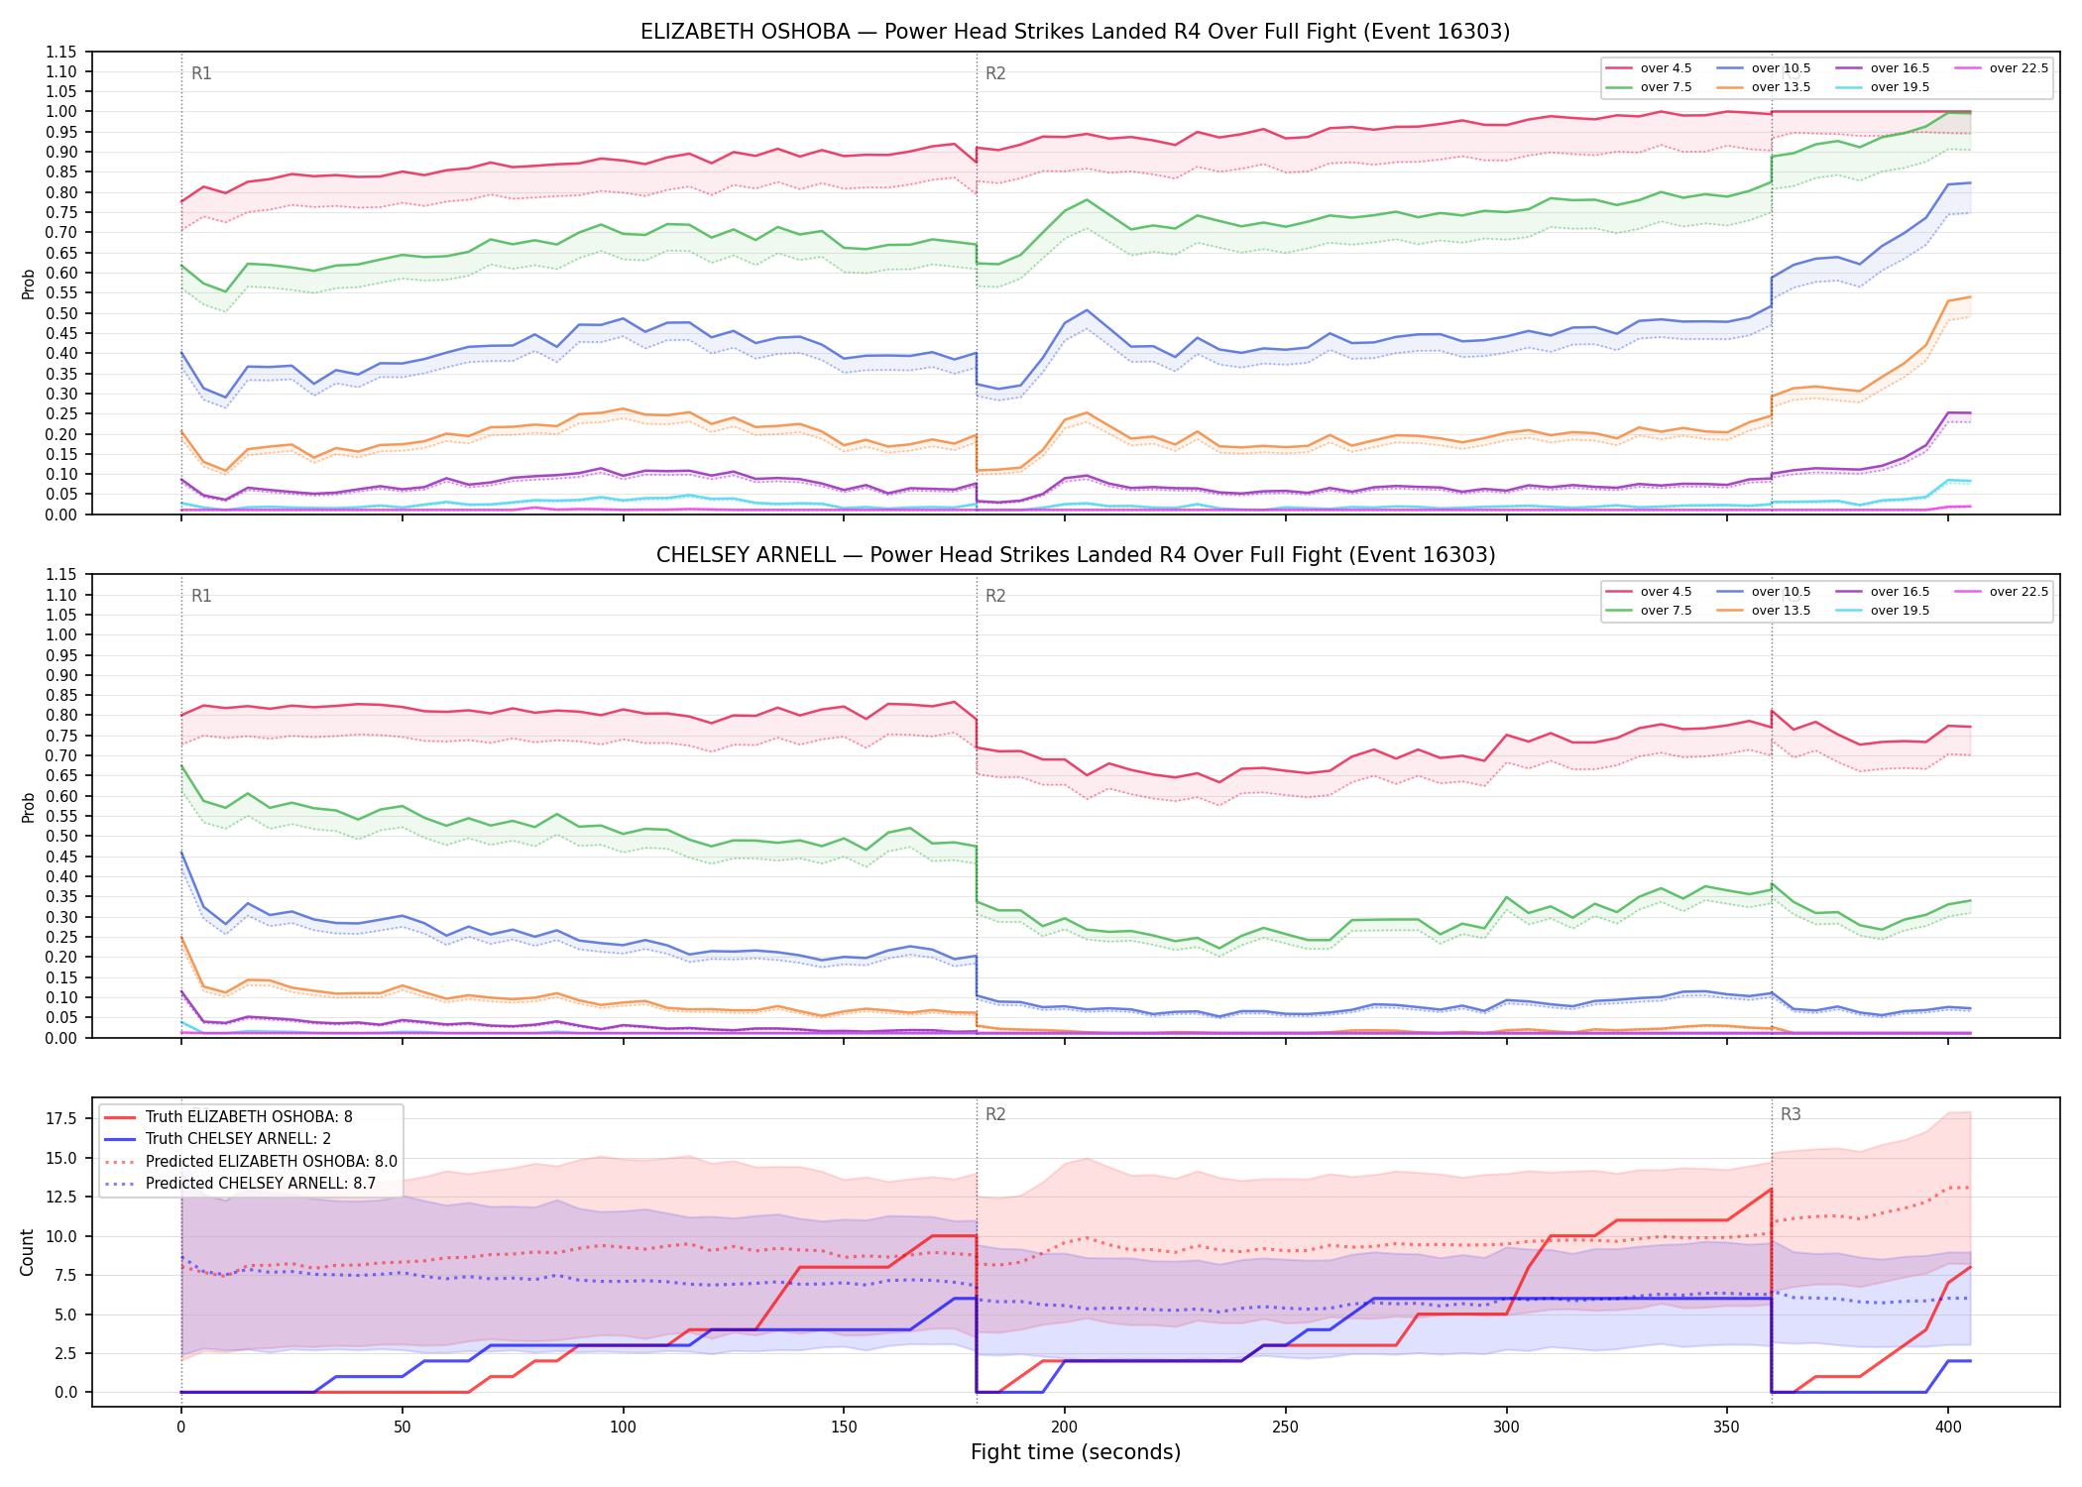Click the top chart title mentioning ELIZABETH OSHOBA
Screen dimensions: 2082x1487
(1075, 32)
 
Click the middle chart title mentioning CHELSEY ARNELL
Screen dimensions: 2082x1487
(1075, 555)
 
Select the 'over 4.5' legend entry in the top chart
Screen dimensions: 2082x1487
(1650, 68)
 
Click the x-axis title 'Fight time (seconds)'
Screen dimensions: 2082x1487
(1076, 1452)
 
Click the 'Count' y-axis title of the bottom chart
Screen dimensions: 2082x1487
(27, 1252)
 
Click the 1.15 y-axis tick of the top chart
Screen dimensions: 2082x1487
(61, 52)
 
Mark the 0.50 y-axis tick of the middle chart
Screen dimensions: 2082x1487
(61, 836)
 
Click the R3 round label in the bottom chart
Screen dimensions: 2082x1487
(1791, 1114)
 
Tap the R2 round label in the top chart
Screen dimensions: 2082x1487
(995, 73)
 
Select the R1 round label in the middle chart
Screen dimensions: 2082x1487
(201, 596)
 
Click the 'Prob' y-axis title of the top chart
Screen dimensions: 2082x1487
(28, 284)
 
